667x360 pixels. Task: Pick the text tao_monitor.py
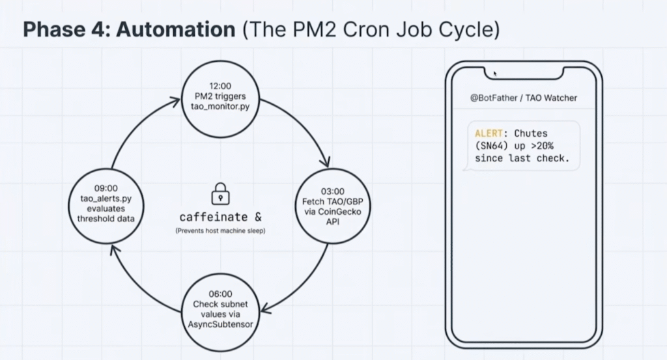[220, 106]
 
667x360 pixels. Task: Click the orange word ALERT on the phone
[489, 133]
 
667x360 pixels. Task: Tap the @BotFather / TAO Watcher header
[524, 98]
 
